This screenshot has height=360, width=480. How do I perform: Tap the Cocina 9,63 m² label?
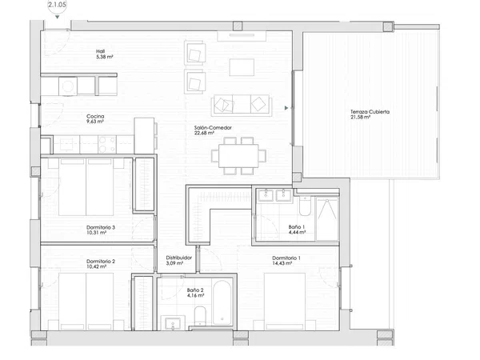[x=95, y=118]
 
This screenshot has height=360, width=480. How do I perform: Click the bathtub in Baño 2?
[x=222, y=302]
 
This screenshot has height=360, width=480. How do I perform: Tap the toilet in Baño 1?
[x=305, y=206]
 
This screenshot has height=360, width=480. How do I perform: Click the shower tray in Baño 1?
[x=327, y=219]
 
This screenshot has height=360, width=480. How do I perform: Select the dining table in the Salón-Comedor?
[x=238, y=155]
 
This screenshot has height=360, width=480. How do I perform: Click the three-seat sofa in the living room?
[x=242, y=106]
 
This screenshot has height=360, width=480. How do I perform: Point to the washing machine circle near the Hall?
[x=68, y=86]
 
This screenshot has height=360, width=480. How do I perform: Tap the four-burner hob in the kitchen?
[x=107, y=145]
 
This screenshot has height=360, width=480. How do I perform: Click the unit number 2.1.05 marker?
[x=58, y=6]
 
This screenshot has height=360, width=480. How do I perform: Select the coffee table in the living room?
[x=242, y=67]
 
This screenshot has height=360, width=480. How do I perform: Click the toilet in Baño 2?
[x=200, y=315]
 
